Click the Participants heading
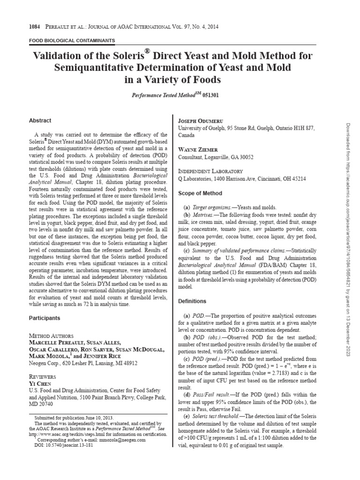pyautogui.click(x=45, y=318)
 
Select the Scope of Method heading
pyautogui.click(x=200, y=193)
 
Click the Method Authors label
pyautogui.click(x=51, y=336)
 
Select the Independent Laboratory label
pyautogui.click(x=210, y=171)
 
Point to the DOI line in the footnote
pyautogui.click(x=64, y=446)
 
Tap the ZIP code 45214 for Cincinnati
pyautogui.click(x=298, y=179)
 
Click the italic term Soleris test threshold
pyautogui.click(x=213, y=416)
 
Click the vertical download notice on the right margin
pyautogui.click(x=348, y=239)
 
